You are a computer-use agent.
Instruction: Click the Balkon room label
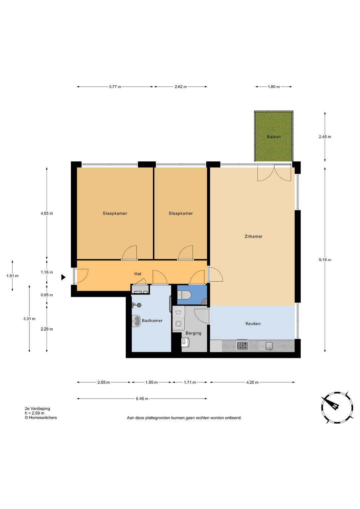[273, 137]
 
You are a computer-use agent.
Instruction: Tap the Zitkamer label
[253, 236]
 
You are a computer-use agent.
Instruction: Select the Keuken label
[253, 324]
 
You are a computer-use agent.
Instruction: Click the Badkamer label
[152, 321]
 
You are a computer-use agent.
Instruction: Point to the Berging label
[193, 333]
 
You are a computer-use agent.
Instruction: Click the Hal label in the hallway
[138, 274]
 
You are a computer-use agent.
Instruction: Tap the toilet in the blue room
[184, 296]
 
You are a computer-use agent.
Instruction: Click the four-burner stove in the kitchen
[242, 346]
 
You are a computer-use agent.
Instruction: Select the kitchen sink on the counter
[266, 346]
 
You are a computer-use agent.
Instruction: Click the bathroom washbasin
[136, 321]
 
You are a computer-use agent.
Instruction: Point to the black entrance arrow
[63, 277]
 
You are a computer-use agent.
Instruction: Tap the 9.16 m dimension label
[325, 260]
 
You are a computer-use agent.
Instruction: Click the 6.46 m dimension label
[142, 399]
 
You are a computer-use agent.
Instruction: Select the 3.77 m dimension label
[115, 87]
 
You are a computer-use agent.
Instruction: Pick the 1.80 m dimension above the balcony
[274, 87]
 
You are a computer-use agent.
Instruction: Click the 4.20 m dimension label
[252, 382]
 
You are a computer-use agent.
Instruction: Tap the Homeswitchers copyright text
[41, 417]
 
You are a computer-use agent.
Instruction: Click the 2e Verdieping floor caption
[37, 408]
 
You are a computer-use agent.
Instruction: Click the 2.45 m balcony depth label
[325, 137]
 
